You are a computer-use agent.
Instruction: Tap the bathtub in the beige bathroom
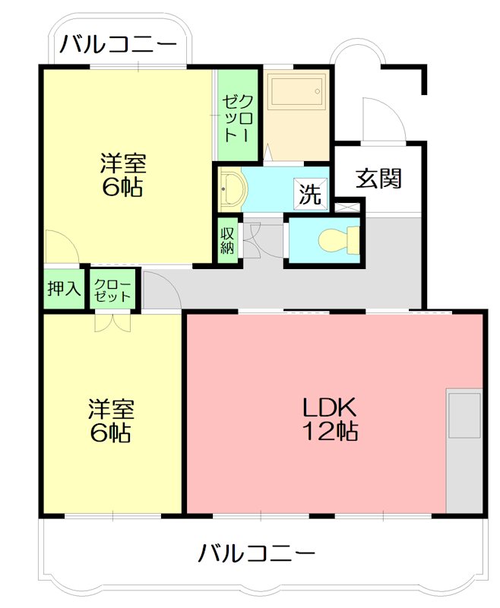(296, 90)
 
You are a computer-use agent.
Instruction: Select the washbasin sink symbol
(230, 189)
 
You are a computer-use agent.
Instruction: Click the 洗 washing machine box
(309, 194)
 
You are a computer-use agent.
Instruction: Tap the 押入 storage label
(64, 289)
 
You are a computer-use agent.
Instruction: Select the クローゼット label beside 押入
(113, 289)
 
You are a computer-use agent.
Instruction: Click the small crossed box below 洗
(347, 206)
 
